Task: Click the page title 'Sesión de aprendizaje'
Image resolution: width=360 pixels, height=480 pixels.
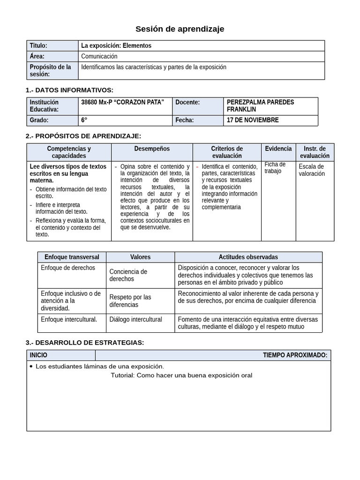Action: pyautogui.click(x=180, y=29)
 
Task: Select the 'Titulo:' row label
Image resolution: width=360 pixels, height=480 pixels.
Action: pyautogui.click(x=38, y=45)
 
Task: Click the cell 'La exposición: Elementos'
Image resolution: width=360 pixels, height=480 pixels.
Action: pyautogui.click(x=116, y=45)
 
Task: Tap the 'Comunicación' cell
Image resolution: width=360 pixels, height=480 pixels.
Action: pyautogui.click(x=99, y=56)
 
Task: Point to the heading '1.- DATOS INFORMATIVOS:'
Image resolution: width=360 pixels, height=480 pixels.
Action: pyautogui.click(x=69, y=90)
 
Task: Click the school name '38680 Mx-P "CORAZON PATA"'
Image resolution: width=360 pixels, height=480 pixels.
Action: pyautogui.click(x=123, y=102)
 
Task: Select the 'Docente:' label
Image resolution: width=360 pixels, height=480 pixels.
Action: pyautogui.click(x=187, y=102)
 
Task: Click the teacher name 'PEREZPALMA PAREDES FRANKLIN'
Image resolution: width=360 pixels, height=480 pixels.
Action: pyautogui.click(x=260, y=105)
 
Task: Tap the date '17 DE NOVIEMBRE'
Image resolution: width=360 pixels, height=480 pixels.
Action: pyautogui.click(x=253, y=120)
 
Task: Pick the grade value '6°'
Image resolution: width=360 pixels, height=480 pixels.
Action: pyautogui.click(x=84, y=120)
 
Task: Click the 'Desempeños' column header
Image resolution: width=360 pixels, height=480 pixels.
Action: pyautogui.click(x=152, y=149)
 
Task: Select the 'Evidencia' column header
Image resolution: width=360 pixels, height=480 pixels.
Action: pyautogui.click(x=278, y=148)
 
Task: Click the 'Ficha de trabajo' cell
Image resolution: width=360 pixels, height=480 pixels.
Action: pyautogui.click(x=275, y=167)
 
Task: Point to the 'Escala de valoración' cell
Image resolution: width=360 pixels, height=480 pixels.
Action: pyautogui.click(x=312, y=170)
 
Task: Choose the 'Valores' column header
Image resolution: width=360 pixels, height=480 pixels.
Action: pyautogui.click(x=140, y=257)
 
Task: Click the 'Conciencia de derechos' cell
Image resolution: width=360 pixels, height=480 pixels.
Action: pyautogui.click(x=128, y=275)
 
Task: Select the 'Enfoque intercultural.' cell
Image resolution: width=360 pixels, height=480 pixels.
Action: pyautogui.click(x=69, y=319)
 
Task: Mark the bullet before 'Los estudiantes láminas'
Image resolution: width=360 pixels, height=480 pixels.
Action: pyautogui.click(x=31, y=366)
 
